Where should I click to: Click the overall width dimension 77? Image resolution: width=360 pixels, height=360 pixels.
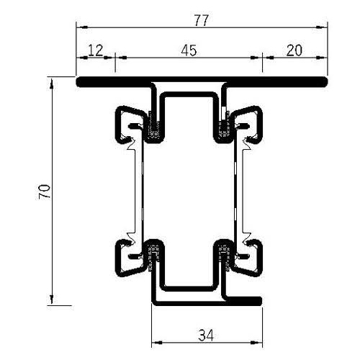coord(201,20)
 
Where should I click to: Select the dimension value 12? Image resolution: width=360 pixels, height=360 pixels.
coord(95,50)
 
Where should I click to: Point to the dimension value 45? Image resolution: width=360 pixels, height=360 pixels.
coord(189,50)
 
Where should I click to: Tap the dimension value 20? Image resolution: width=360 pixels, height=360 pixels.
coord(294,50)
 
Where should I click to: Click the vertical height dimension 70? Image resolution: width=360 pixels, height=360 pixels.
coord(45,192)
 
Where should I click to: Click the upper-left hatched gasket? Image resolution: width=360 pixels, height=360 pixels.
coord(153,130)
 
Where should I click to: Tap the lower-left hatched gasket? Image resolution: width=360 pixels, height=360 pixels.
coord(153,253)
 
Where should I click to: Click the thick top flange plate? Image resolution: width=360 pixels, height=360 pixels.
coord(202,81)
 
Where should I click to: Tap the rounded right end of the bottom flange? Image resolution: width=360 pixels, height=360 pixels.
coord(257,300)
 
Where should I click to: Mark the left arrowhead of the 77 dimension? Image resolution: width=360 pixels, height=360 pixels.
coord(79,27)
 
